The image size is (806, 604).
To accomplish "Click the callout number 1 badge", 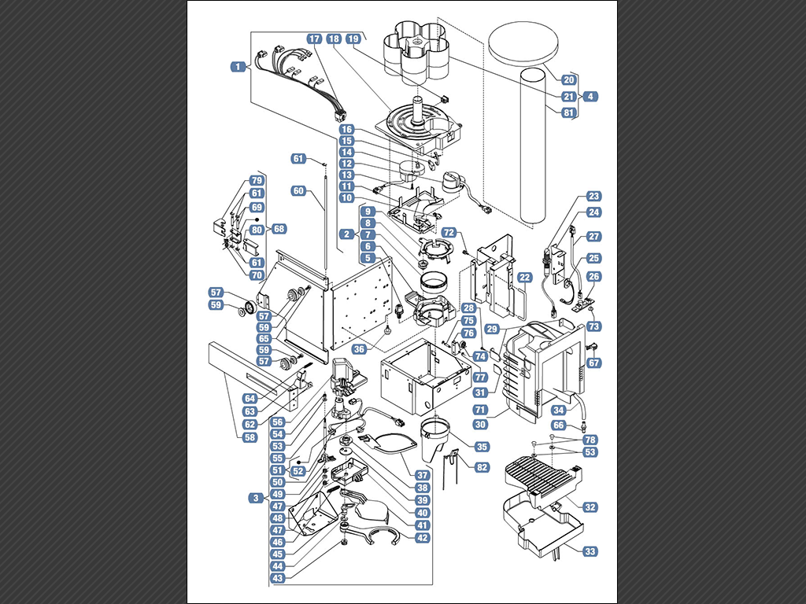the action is [x=238, y=67].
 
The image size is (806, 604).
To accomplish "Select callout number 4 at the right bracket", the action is [x=590, y=96].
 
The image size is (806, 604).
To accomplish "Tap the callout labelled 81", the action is [x=568, y=112].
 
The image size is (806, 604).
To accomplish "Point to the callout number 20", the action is [x=568, y=79].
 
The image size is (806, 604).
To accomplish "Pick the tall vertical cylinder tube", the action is [x=533, y=146].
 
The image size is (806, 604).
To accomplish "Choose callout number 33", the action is [x=590, y=551].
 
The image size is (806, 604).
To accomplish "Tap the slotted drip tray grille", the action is [x=543, y=477].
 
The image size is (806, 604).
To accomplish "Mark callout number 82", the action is [x=482, y=467].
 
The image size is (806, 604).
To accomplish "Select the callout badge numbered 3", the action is [x=256, y=498].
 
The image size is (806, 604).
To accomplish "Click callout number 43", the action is [x=278, y=578].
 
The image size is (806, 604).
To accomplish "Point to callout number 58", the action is [x=250, y=437].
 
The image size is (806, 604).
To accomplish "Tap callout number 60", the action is [x=298, y=191].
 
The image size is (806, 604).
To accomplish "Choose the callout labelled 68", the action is [x=279, y=229].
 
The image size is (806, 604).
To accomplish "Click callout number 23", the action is [x=593, y=196].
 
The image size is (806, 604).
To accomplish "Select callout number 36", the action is [x=359, y=349].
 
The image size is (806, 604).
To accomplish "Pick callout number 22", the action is [x=524, y=278].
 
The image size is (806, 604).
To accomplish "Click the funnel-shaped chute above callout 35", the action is [x=434, y=439].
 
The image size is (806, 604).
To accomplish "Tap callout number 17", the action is [x=315, y=39].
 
